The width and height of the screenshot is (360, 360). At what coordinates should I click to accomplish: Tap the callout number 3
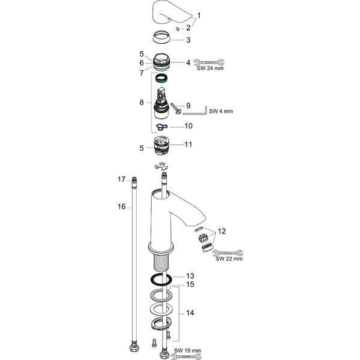click(188, 40)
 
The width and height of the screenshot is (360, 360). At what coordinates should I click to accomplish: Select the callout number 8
click(142, 103)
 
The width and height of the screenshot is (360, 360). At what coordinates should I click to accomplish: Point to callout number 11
click(187, 145)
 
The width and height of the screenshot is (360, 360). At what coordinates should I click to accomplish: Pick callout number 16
click(121, 206)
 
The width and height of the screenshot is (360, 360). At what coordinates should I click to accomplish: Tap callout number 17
click(121, 179)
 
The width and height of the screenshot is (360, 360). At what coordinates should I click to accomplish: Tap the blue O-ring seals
click(160, 127)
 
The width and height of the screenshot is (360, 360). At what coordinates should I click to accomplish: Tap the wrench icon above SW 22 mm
click(227, 253)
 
